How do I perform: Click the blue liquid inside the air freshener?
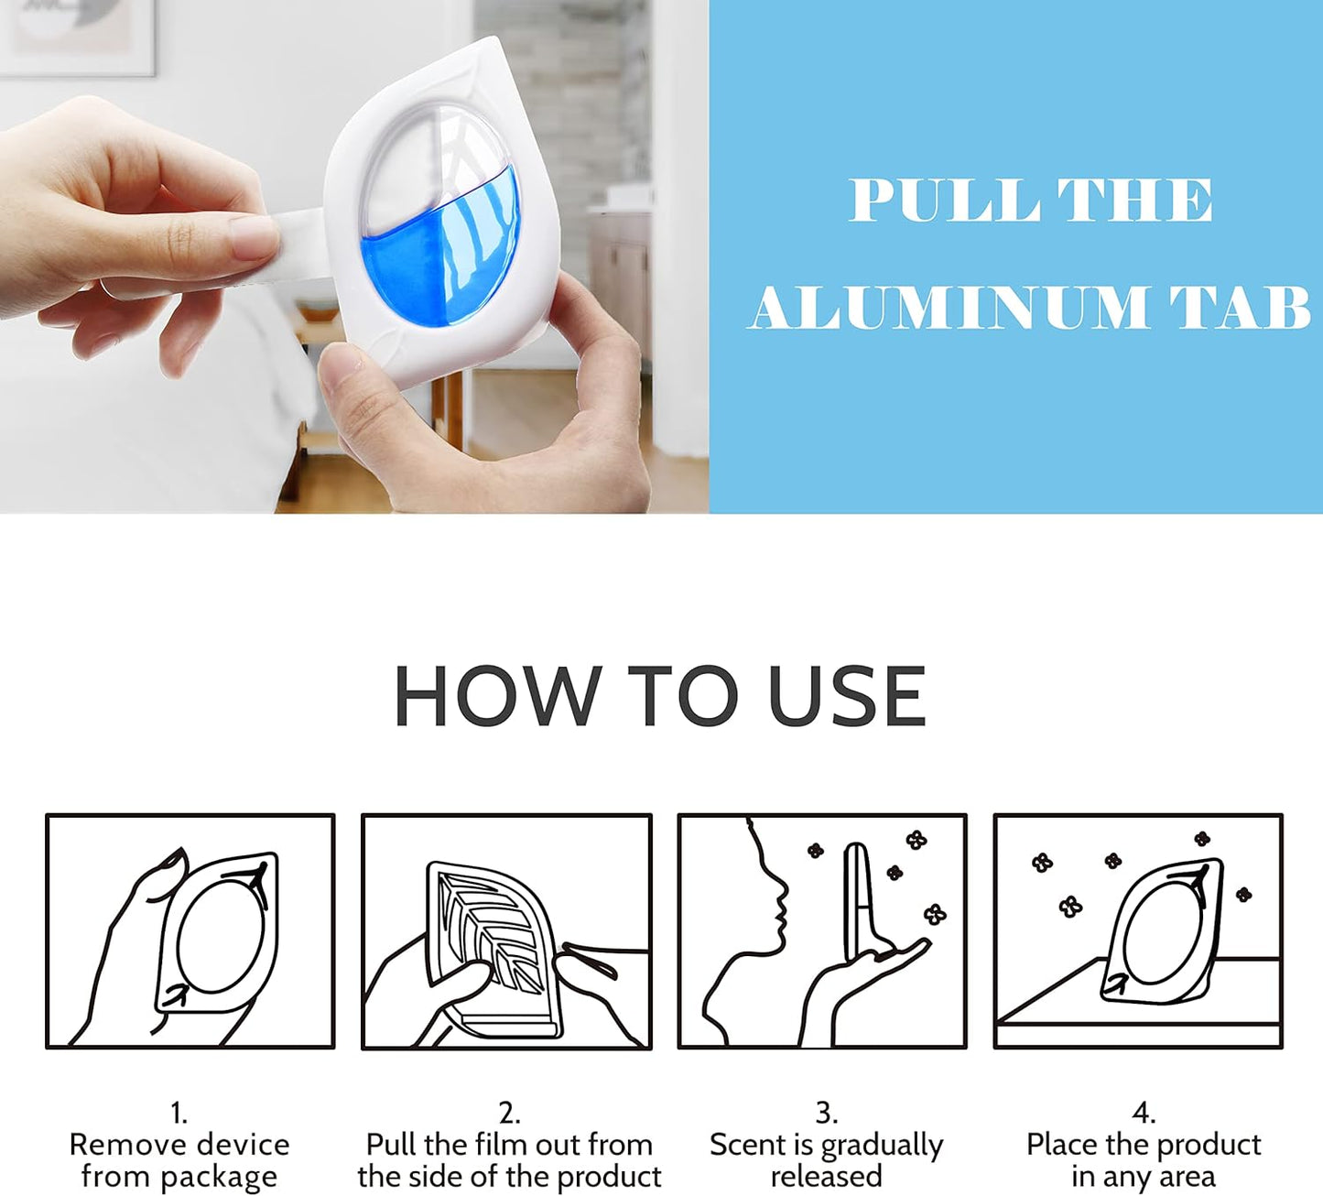point(439,256)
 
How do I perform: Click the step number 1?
point(179,1113)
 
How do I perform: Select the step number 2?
point(509,1113)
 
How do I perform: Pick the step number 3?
point(826,1113)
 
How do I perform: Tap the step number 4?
point(1143,1113)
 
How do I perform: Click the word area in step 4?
point(1187,1176)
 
